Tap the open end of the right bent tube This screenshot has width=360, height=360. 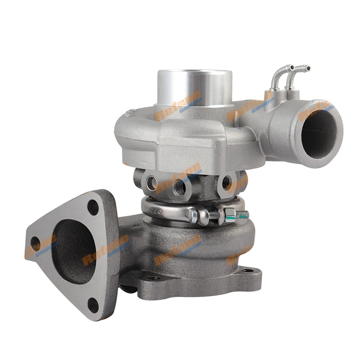click(x=307, y=68)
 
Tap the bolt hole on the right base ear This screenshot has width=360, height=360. click(x=247, y=270)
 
